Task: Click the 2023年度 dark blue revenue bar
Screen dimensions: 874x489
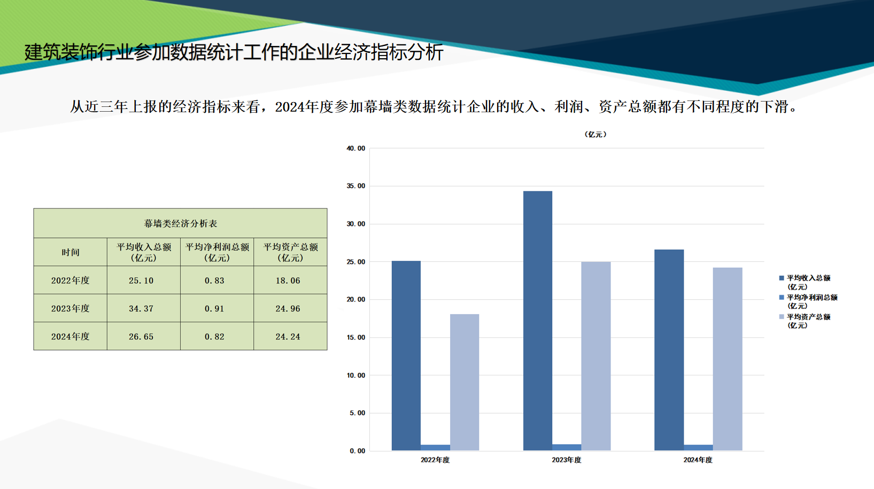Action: (x=538, y=321)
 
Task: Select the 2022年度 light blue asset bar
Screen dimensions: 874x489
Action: (x=465, y=382)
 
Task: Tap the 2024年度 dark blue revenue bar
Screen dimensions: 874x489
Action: (x=669, y=350)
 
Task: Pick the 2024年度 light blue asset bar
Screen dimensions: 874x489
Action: (x=728, y=359)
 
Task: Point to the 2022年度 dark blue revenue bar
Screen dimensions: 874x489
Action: (x=406, y=355)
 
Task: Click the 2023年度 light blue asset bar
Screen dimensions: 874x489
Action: (x=596, y=356)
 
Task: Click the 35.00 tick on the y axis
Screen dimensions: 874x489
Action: (x=356, y=186)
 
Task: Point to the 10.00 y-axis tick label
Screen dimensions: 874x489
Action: (x=356, y=375)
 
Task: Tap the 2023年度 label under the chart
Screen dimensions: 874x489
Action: (x=567, y=460)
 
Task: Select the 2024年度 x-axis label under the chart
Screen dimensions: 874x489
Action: (x=698, y=460)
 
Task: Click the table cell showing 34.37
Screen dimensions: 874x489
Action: (x=141, y=308)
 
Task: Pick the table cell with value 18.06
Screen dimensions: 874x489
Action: (x=288, y=281)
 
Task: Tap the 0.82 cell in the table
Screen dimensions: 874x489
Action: (x=214, y=337)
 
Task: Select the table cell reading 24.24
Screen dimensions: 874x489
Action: (x=288, y=337)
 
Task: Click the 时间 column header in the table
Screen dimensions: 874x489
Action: (x=71, y=252)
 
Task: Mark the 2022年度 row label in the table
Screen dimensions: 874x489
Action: (x=71, y=281)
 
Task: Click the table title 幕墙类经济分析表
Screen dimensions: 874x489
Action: (x=180, y=223)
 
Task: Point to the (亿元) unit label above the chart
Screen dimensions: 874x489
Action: (x=595, y=135)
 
